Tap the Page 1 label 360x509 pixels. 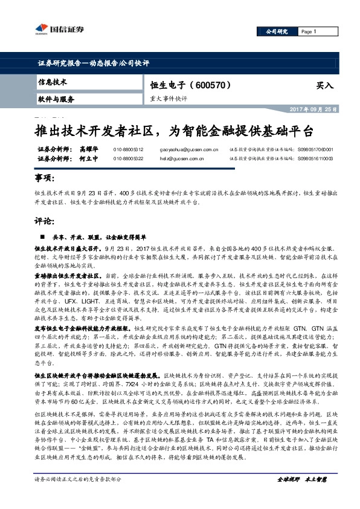tap(308, 31)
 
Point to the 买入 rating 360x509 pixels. tap(324, 86)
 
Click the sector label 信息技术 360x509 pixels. tap(53, 82)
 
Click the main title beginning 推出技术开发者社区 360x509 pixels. tap(173, 130)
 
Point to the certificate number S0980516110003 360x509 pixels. tap(315, 158)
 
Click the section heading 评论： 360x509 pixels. tap(45, 221)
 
